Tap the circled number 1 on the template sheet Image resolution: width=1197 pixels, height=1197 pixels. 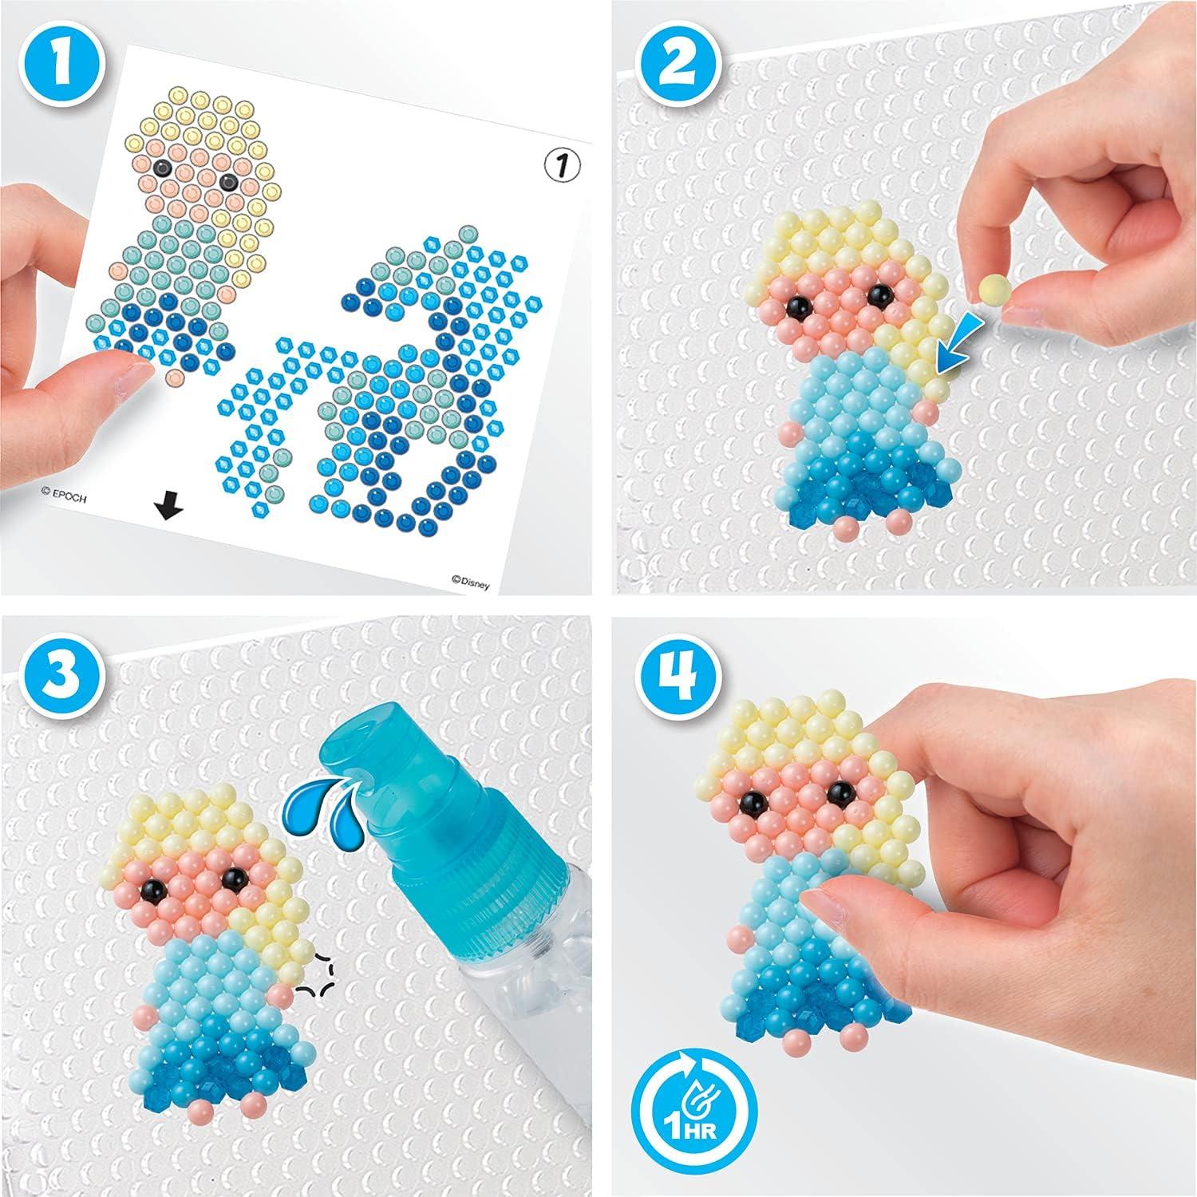tap(561, 165)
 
